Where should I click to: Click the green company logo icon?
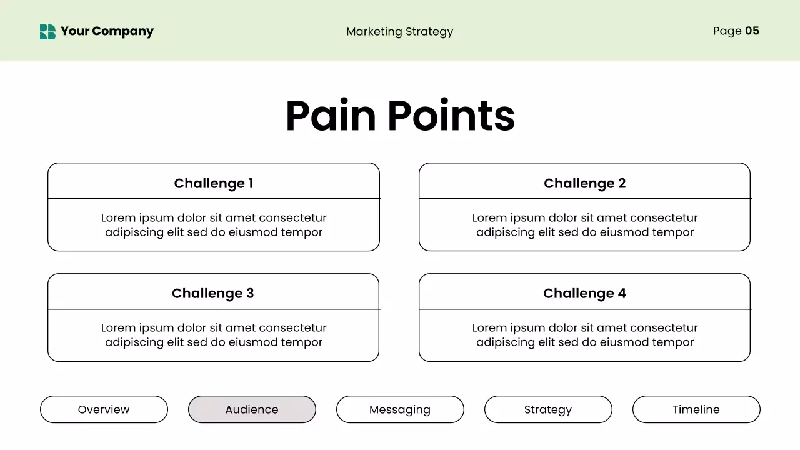pos(47,31)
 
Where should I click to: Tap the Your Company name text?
pos(107,31)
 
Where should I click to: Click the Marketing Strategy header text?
pos(399,32)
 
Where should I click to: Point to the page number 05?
pos(752,31)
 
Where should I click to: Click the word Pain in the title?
pos(331,116)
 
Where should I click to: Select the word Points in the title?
pos(451,116)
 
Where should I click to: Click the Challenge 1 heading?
pos(213,183)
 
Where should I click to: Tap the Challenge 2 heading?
pos(584,183)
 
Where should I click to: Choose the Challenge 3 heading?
pos(213,293)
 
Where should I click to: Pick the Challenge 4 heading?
pos(584,293)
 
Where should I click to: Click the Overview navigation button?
pos(104,409)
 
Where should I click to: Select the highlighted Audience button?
pos(252,409)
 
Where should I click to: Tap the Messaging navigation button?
pos(400,409)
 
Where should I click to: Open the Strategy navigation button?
pos(548,409)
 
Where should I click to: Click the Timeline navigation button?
pos(696,409)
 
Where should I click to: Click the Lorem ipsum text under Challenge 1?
pos(214,225)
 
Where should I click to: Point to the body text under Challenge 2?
pos(584,225)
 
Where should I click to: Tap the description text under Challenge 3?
pos(214,335)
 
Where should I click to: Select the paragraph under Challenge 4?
pos(584,335)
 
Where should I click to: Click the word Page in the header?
pos(727,31)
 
